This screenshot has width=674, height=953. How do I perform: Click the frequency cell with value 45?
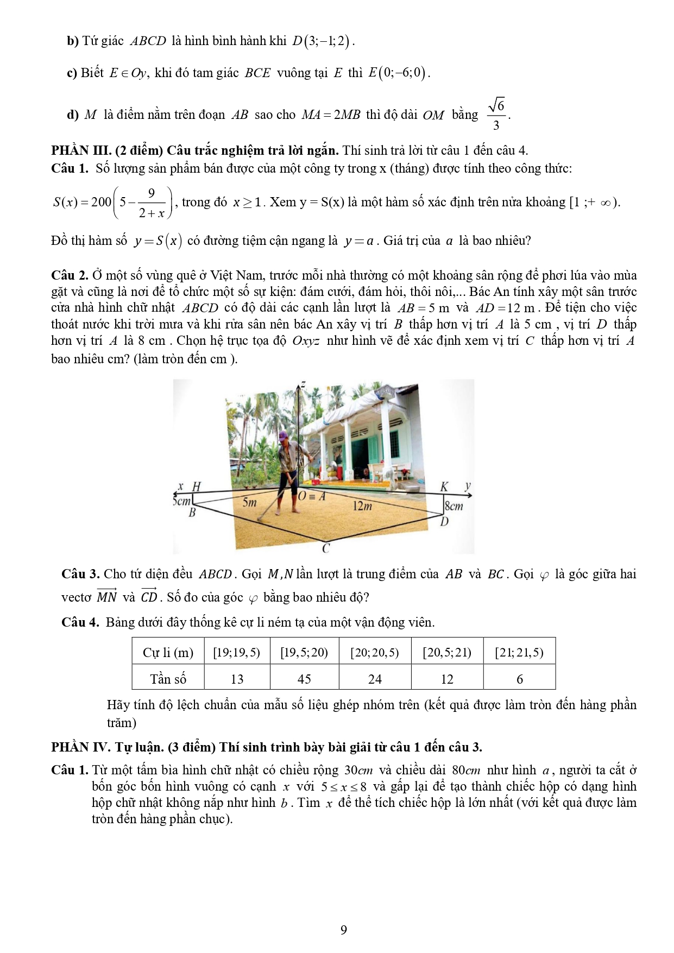pyautogui.click(x=304, y=679)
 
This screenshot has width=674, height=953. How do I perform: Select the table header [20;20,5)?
pyautogui.click(x=375, y=652)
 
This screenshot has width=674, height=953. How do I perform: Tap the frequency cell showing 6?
pyautogui.click(x=519, y=679)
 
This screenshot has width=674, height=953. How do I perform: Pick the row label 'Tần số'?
pyautogui.click(x=168, y=679)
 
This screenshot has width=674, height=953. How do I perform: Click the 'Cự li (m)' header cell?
pyautogui.click(x=168, y=652)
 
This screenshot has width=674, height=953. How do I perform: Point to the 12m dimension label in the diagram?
pyautogui.click(x=362, y=507)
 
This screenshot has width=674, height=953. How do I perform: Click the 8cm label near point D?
pyautogui.click(x=454, y=507)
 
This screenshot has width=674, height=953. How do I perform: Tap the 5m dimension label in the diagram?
pyautogui.click(x=249, y=502)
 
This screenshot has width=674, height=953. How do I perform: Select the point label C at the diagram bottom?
pyautogui.click(x=325, y=548)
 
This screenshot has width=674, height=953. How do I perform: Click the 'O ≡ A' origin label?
pyautogui.click(x=312, y=496)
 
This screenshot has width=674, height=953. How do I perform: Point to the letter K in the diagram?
pyautogui.click(x=445, y=487)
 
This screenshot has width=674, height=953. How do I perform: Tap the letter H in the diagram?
pyautogui.click(x=197, y=487)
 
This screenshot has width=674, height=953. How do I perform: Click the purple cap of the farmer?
pyautogui.click(x=282, y=436)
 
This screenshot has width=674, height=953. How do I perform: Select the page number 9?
pyautogui.click(x=343, y=930)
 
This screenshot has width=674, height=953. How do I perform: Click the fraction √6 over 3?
pyautogui.click(x=496, y=114)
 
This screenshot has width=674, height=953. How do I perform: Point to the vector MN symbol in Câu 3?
pyautogui.click(x=106, y=596)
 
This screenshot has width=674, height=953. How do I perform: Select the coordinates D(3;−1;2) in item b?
pyautogui.click(x=322, y=41)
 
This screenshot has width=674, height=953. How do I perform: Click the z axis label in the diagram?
pyautogui.click(x=303, y=384)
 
